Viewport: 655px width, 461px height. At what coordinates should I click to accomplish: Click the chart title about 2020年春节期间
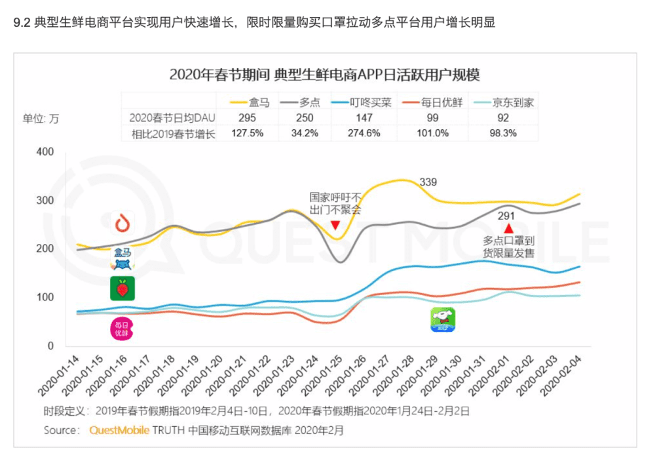point(324,74)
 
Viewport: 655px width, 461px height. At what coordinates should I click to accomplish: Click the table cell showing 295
point(247,117)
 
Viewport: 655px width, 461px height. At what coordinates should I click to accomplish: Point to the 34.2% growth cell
point(305,133)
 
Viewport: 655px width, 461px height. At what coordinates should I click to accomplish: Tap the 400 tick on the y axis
point(44,151)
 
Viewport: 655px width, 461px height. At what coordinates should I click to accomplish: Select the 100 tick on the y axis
point(44,297)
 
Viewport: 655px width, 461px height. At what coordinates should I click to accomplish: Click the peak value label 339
point(428,182)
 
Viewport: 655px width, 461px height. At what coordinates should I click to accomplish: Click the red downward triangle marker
point(335,226)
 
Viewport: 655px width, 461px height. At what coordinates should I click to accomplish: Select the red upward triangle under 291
point(508,227)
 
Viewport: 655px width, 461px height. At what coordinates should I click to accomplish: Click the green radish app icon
point(122,289)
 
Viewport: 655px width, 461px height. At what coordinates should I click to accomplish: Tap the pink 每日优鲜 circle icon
point(122,328)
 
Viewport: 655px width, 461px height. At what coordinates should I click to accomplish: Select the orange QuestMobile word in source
point(118,430)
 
